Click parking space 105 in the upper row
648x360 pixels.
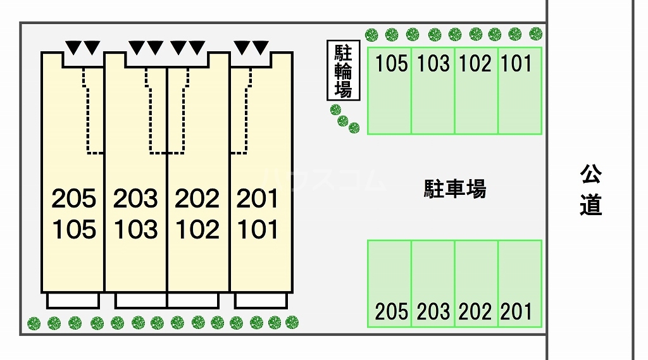coord(389,91)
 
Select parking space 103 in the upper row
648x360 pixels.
coord(433,91)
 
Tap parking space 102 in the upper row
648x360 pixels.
coord(477,91)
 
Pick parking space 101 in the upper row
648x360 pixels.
coord(520,91)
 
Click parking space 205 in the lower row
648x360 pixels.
coord(389,283)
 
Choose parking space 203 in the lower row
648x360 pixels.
coord(433,283)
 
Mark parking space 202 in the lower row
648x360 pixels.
coord(477,283)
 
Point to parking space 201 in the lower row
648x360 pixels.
coord(520,283)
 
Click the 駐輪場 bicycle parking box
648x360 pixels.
coord(344,70)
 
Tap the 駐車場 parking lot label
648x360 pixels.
coord(455,189)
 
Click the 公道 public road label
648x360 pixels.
coord(590,190)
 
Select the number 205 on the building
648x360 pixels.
coord(74,199)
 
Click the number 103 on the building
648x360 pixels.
coord(136,230)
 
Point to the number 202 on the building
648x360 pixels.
coord(197,199)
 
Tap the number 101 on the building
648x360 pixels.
coord(258,230)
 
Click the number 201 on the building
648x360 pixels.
coord(258,199)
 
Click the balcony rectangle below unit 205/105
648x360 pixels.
coord(73,301)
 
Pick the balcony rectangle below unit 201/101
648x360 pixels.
coord(261,301)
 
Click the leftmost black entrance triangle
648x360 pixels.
coord(73,47)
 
